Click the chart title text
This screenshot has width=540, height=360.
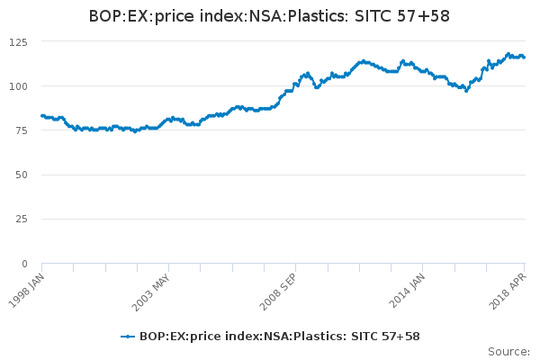pyautogui.click(x=270, y=16)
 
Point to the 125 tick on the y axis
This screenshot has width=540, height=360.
pyautogui.click(x=18, y=42)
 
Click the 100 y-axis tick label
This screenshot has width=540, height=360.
pyautogui.click(x=18, y=86)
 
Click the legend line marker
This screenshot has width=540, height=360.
pyautogui.click(x=128, y=337)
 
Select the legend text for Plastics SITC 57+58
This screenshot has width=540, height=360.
pyautogui.click(x=279, y=337)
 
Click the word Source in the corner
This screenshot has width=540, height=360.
pyautogui.click(x=508, y=351)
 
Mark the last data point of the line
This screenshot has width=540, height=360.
pyautogui.click(x=524, y=58)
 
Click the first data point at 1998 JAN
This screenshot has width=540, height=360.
pyautogui.click(x=42, y=116)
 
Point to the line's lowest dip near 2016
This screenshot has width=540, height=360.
pyautogui.click(x=466, y=91)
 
